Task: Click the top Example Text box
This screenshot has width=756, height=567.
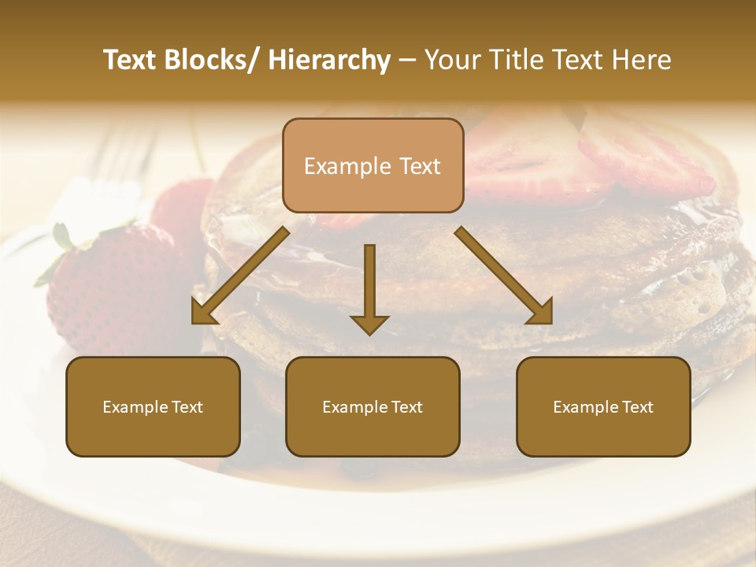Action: click(x=372, y=165)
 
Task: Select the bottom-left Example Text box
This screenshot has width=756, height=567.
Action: click(x=153, y=406)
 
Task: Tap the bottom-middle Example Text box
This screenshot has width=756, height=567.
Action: click(x=372, y=406)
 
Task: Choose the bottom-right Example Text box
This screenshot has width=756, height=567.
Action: click(x=603, y=406)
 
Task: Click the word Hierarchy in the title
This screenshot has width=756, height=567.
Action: click(x=329, y=61)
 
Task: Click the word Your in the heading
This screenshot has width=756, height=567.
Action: click(x=452, y=61)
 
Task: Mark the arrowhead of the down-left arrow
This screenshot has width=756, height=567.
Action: click(x=202, y=313)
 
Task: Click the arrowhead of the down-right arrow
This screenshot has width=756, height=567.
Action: click(x=540, y=313)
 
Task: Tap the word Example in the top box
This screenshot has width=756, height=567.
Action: click(x=336, y=166)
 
